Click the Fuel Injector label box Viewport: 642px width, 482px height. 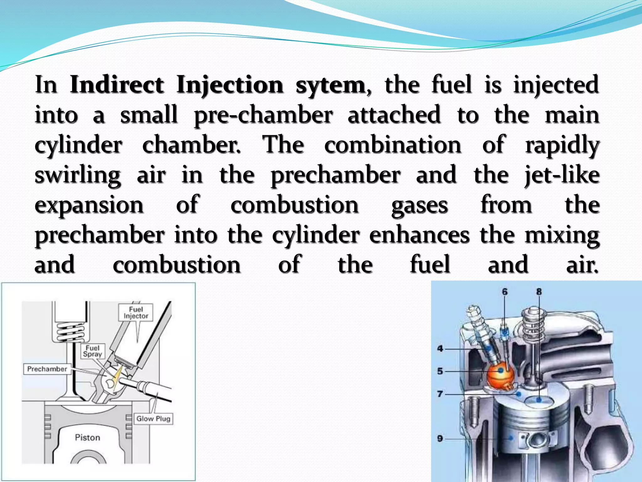point(136,313)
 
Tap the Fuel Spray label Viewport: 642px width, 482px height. point(92,351)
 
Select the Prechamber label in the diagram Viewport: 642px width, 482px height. point(47,369)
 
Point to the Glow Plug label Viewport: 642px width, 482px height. point(153,419)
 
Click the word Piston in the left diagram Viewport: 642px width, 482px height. point(87,437)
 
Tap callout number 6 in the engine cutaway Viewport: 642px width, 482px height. point(505,292)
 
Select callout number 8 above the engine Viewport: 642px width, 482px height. point(539,292)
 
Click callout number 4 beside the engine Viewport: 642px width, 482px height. point(440,348)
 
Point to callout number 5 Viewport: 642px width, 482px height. point(440,371)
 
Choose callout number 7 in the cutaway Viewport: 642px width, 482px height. point(440,394)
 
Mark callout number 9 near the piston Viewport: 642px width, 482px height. point(440,438)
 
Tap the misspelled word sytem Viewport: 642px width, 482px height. point(330,85)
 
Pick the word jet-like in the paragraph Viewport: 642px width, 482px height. point(562,176)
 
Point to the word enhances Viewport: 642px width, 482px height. point(419,235)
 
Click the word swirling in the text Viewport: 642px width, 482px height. point(77,176)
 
